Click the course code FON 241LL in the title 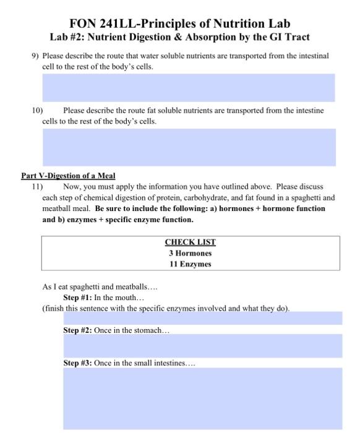pyautogui.click(x=101, y=24)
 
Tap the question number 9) pyautogui.click(x=36, y=56)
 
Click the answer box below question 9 pyautogui.click(x=188, y=88)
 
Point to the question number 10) pyautogui.click(x=37, y=110)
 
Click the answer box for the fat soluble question pyautogui.click(x=188, y=147)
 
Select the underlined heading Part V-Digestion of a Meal pyautogui.click(x=69, y=176)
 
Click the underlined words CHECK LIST pyautogui.click(x=190, y=242)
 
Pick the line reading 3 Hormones pyautogui.click(x=190, y=253)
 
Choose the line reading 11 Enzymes pyautogui.click(x=190, y=264)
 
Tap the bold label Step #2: pyautogui.click(x=77, y=330)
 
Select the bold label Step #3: pyautogui.click(x=77, y=363)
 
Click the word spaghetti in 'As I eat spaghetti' pyautogui.click(x=92, y=287)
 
